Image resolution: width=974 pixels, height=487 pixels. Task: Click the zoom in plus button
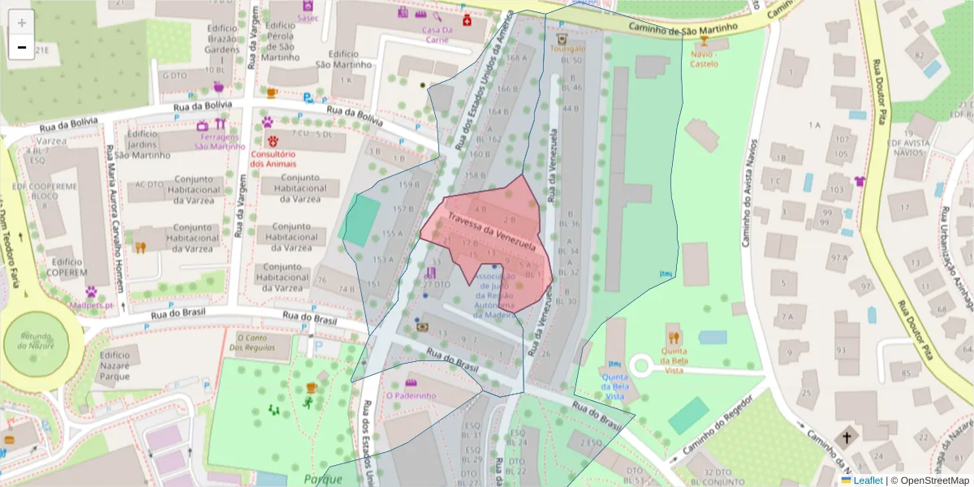(22, 23)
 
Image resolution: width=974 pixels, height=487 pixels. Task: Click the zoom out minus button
(22, 47)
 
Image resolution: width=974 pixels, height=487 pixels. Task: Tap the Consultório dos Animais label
(272, 158)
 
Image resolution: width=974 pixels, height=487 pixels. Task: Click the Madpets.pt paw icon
(92, 291)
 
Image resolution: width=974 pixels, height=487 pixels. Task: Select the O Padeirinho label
(411, 395)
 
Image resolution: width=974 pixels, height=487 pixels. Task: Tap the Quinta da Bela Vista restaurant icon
(673, 337)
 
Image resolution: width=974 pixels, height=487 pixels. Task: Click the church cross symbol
(847, 437)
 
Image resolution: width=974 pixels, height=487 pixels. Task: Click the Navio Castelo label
(704, 58)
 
